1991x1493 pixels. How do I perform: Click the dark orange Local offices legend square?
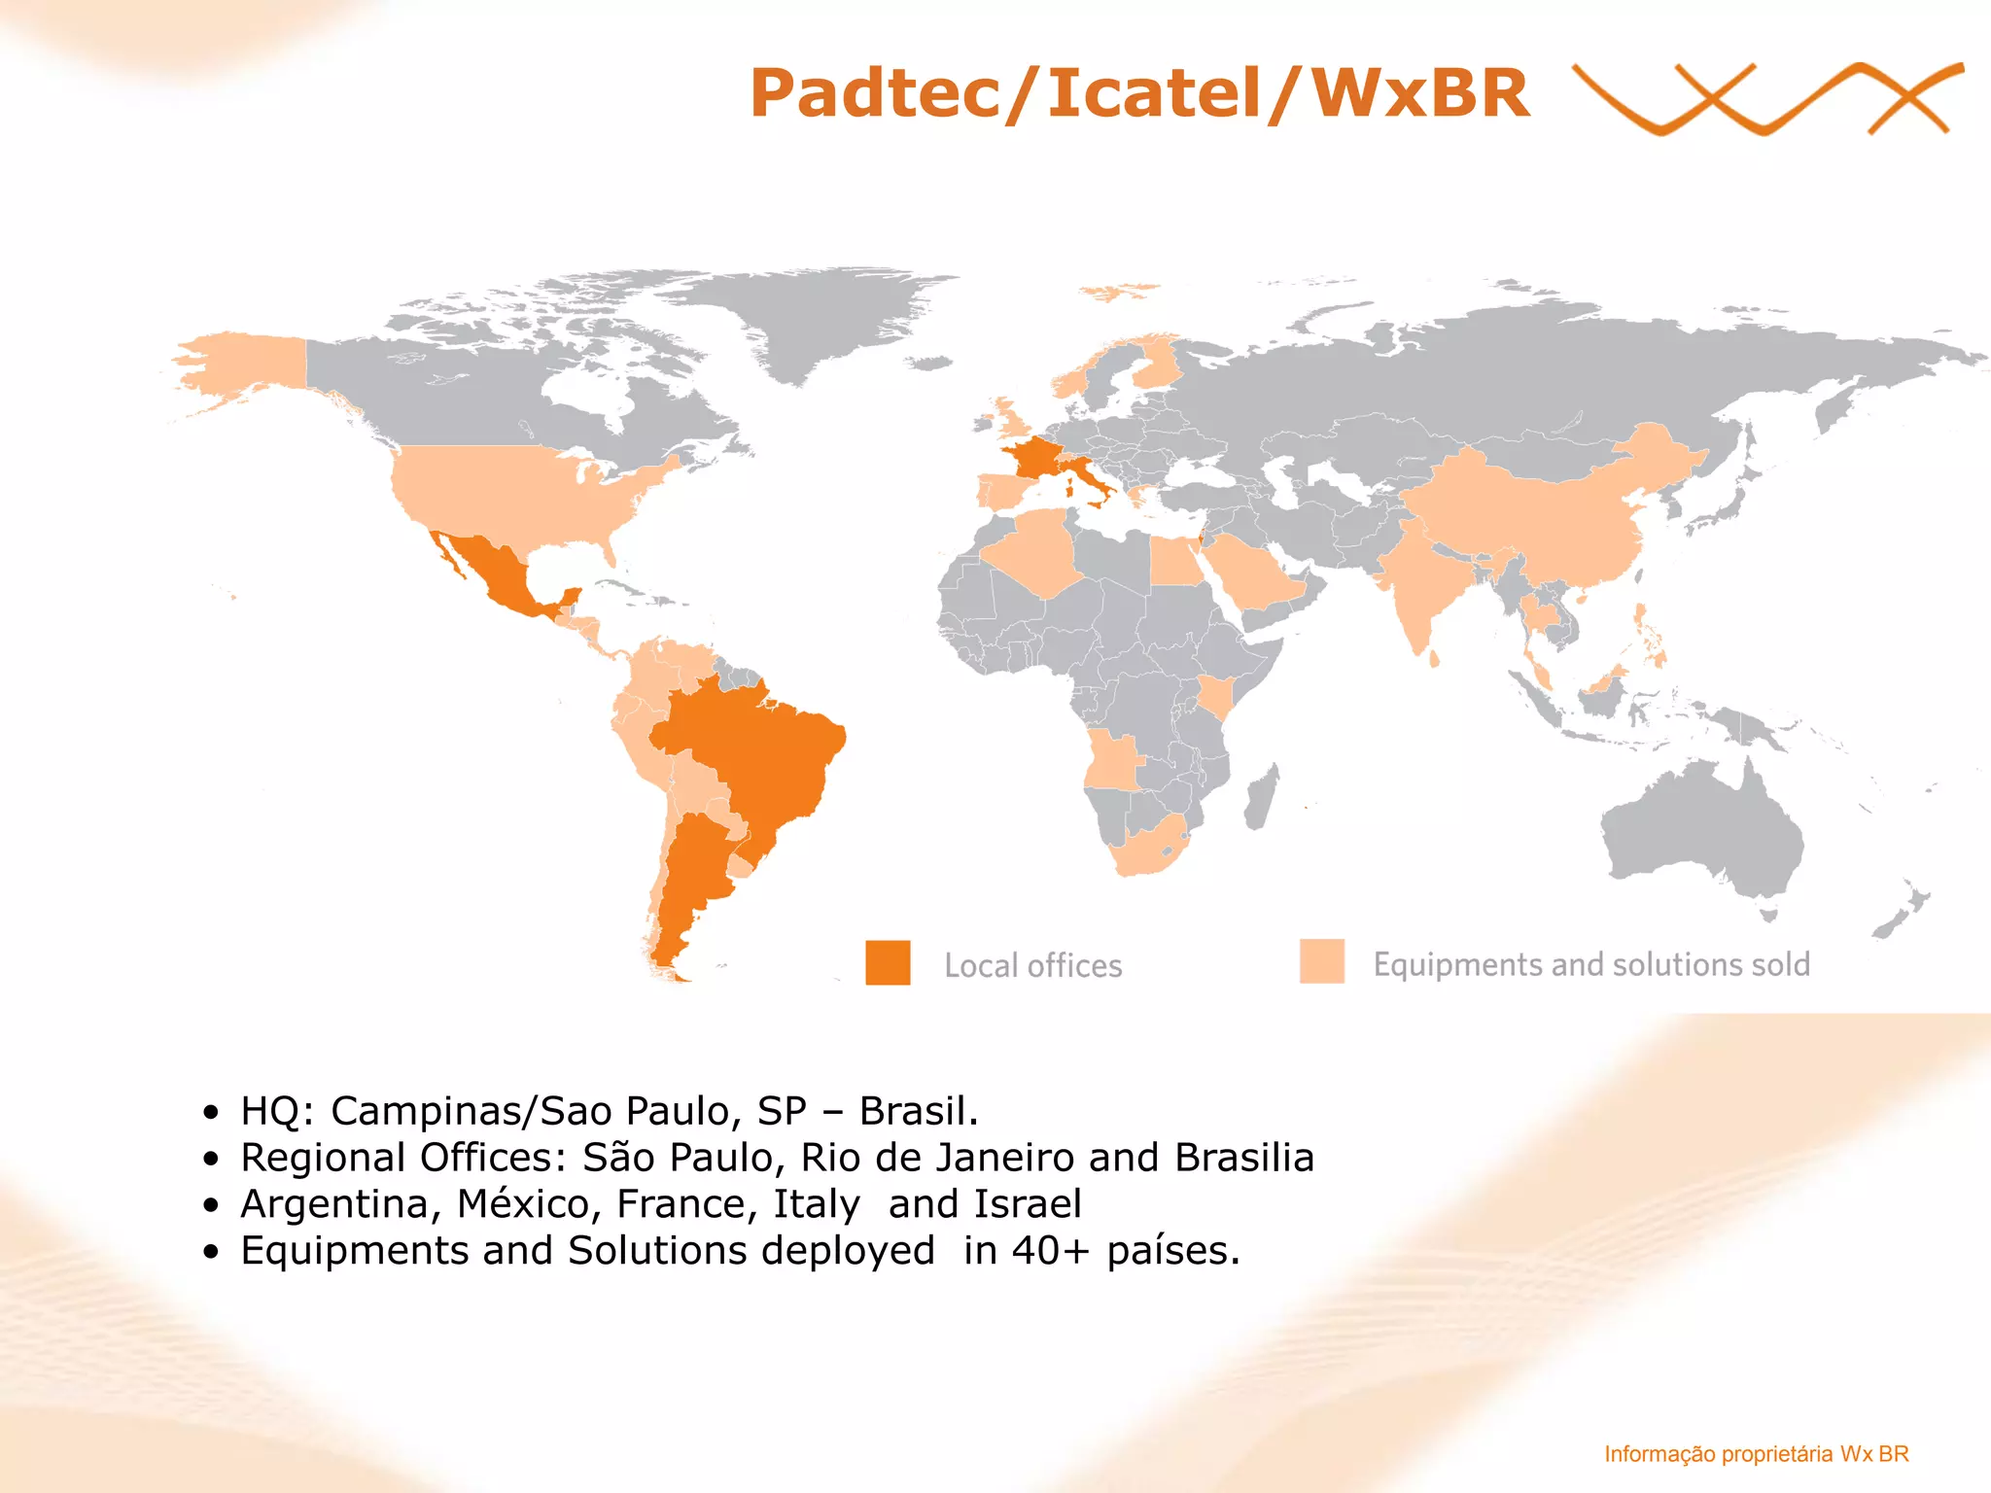(888, 962)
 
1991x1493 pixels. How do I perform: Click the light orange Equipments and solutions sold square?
(1321, 961)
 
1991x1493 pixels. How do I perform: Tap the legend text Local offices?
(1032, 965)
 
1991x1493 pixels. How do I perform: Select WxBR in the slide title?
(1419, 94)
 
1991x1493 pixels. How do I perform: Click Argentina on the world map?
(690, 875)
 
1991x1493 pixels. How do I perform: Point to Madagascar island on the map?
(1262, 797)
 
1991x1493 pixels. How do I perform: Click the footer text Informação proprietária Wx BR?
(1756, 1454)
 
